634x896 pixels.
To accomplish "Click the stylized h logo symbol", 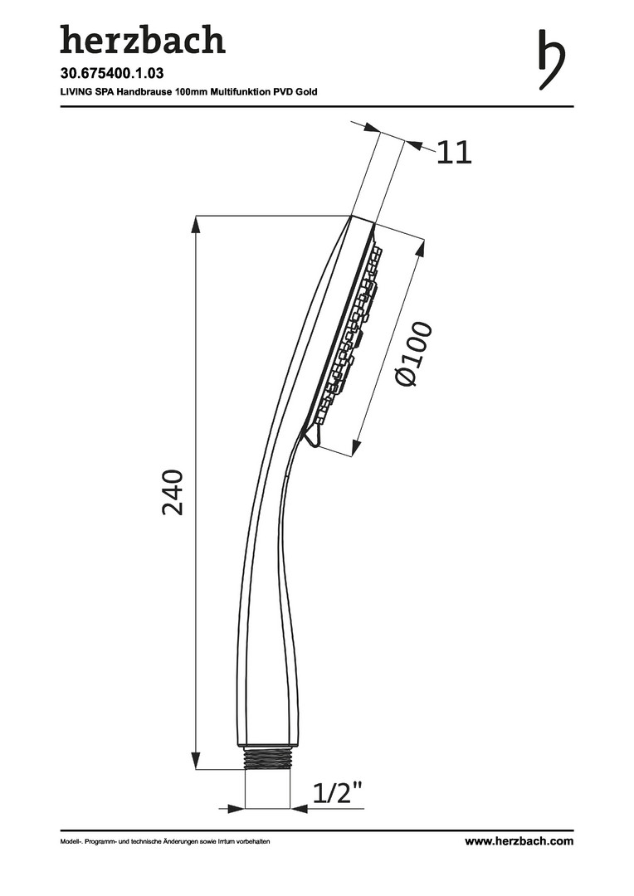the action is tap(552, 59).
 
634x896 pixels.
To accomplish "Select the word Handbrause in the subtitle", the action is tap(144, 91).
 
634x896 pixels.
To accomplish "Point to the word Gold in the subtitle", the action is tap(306, 91).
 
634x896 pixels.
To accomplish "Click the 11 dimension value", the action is tap(455, 153).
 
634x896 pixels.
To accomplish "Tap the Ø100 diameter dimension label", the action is tap(414, 354).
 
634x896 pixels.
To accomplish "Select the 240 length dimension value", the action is tap(173, 493).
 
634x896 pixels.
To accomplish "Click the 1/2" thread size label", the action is tap(338, 792).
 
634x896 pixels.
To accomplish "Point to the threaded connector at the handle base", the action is tap(267, 759).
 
